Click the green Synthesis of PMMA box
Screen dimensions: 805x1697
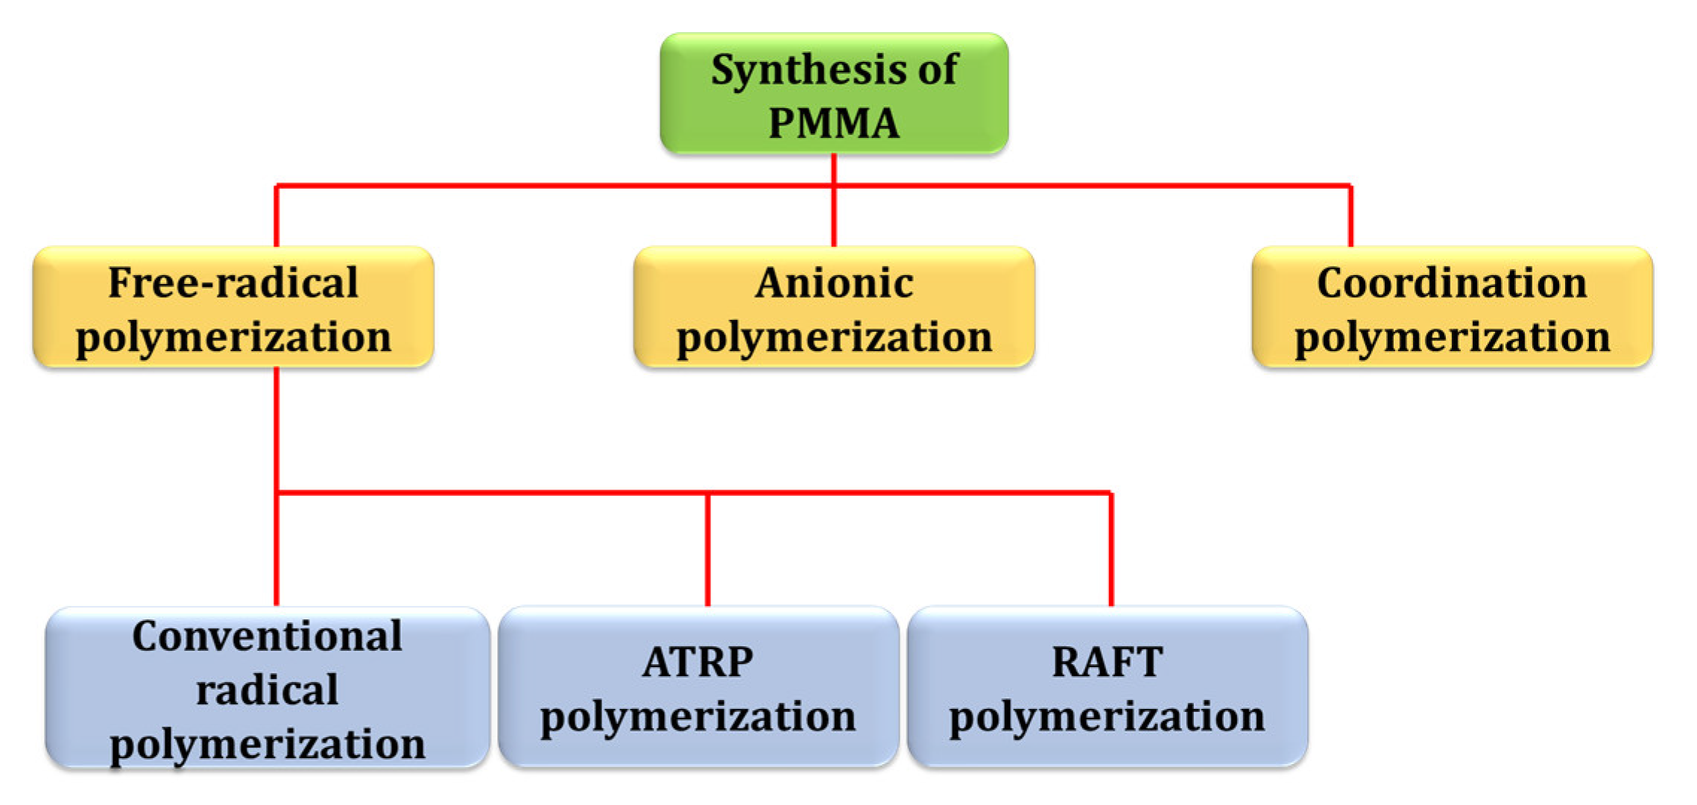click(834, 95)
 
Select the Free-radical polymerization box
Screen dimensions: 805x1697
click(233, 307)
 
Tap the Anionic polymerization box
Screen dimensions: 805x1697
click(834, 307)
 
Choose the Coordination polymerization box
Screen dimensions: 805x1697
click(1452, 307)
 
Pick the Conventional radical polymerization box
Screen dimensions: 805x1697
click(267, 687)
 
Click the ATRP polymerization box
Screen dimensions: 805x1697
click(698, 687)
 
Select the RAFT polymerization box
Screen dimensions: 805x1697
click(1107, 687)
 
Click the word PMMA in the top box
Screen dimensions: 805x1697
click(834, 123)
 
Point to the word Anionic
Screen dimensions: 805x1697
click(834, 283)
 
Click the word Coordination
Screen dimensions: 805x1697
click(1452, 283)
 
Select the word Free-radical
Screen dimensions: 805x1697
click(233, 283)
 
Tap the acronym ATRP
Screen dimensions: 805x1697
click(698, 662)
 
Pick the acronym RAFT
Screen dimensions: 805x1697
click(1107, 662)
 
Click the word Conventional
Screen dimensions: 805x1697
click(267, 637)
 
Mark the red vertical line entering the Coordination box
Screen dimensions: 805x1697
click(1350, 216)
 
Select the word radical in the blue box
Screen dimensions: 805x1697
click(267, 690)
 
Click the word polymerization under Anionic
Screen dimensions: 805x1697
click(834, 337)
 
